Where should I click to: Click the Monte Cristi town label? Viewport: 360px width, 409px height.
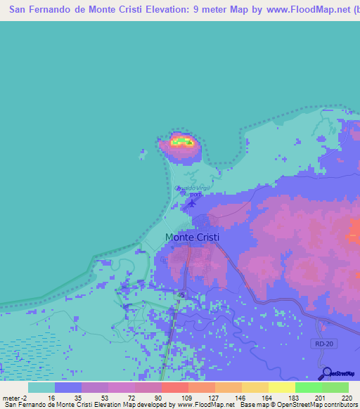point(192,238)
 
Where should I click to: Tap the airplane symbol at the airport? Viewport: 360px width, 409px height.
point(193,204)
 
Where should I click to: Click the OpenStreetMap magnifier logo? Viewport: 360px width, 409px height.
point(326,374)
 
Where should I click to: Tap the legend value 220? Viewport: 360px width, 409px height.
point(345,398)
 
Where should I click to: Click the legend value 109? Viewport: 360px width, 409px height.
point(186,398)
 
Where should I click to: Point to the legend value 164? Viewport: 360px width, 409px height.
point(266,398)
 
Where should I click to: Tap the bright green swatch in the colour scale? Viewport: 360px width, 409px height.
point(308,387)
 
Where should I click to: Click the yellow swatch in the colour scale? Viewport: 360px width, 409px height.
point(281,387)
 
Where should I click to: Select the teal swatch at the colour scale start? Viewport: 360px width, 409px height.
point(41,387)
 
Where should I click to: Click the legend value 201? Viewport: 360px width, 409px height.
point(319,398)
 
